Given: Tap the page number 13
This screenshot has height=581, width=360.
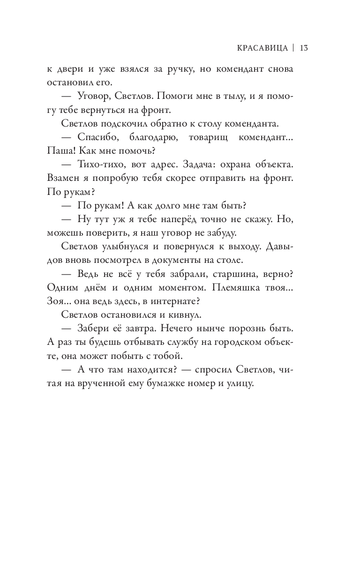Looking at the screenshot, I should coord(303,48).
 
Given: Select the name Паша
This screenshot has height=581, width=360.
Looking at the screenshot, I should coord(60,152).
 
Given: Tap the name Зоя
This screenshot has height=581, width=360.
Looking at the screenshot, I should coord(55,304).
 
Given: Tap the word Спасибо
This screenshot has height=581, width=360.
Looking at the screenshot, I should coord(96,139).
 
